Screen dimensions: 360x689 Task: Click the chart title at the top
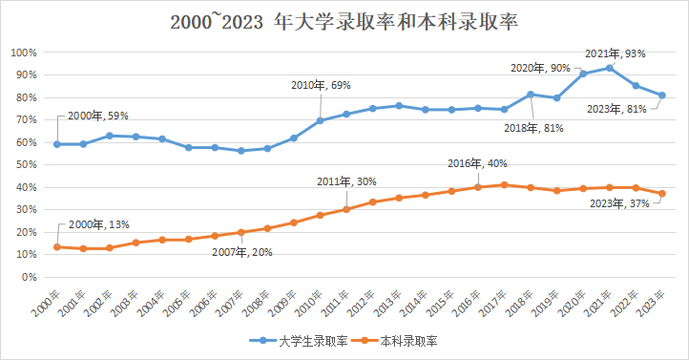tap(344, 20)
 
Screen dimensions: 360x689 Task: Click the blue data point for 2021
tap(609, 68)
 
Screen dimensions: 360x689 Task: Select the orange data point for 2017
tap(504, 185)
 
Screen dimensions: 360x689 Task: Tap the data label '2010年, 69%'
tap(322, 86)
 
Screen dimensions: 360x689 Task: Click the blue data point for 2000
tap(56, 144)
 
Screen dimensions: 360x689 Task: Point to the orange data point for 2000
tap(56, 247)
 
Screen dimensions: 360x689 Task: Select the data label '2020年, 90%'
tap(540, 68)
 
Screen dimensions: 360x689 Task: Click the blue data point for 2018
tap(531, 95)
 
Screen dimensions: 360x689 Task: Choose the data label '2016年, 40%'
tap(477, 163)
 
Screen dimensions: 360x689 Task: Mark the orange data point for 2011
tap(346, 209)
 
